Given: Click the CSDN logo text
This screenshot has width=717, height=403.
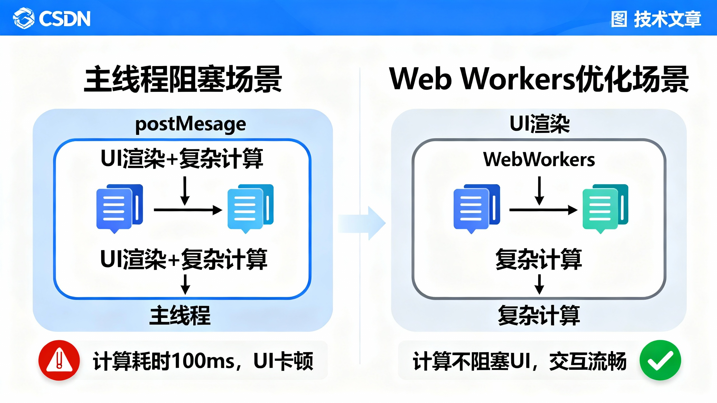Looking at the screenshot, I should click(64, 19).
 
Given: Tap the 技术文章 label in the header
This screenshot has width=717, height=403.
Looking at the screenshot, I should click(667, 19).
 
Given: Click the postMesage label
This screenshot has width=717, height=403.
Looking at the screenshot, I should click(190, 124).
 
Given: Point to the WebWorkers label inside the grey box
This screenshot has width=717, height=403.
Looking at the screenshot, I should click(539, 159).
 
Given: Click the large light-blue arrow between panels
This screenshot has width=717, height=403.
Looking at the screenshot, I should click(362, 223).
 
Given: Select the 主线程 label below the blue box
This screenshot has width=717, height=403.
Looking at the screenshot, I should click(180, 315).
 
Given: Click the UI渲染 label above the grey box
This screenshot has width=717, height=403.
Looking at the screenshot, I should click(539, 124).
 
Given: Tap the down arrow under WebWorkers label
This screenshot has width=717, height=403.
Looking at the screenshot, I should click(539, 190).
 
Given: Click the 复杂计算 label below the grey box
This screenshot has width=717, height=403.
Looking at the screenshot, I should click(539, 315).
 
